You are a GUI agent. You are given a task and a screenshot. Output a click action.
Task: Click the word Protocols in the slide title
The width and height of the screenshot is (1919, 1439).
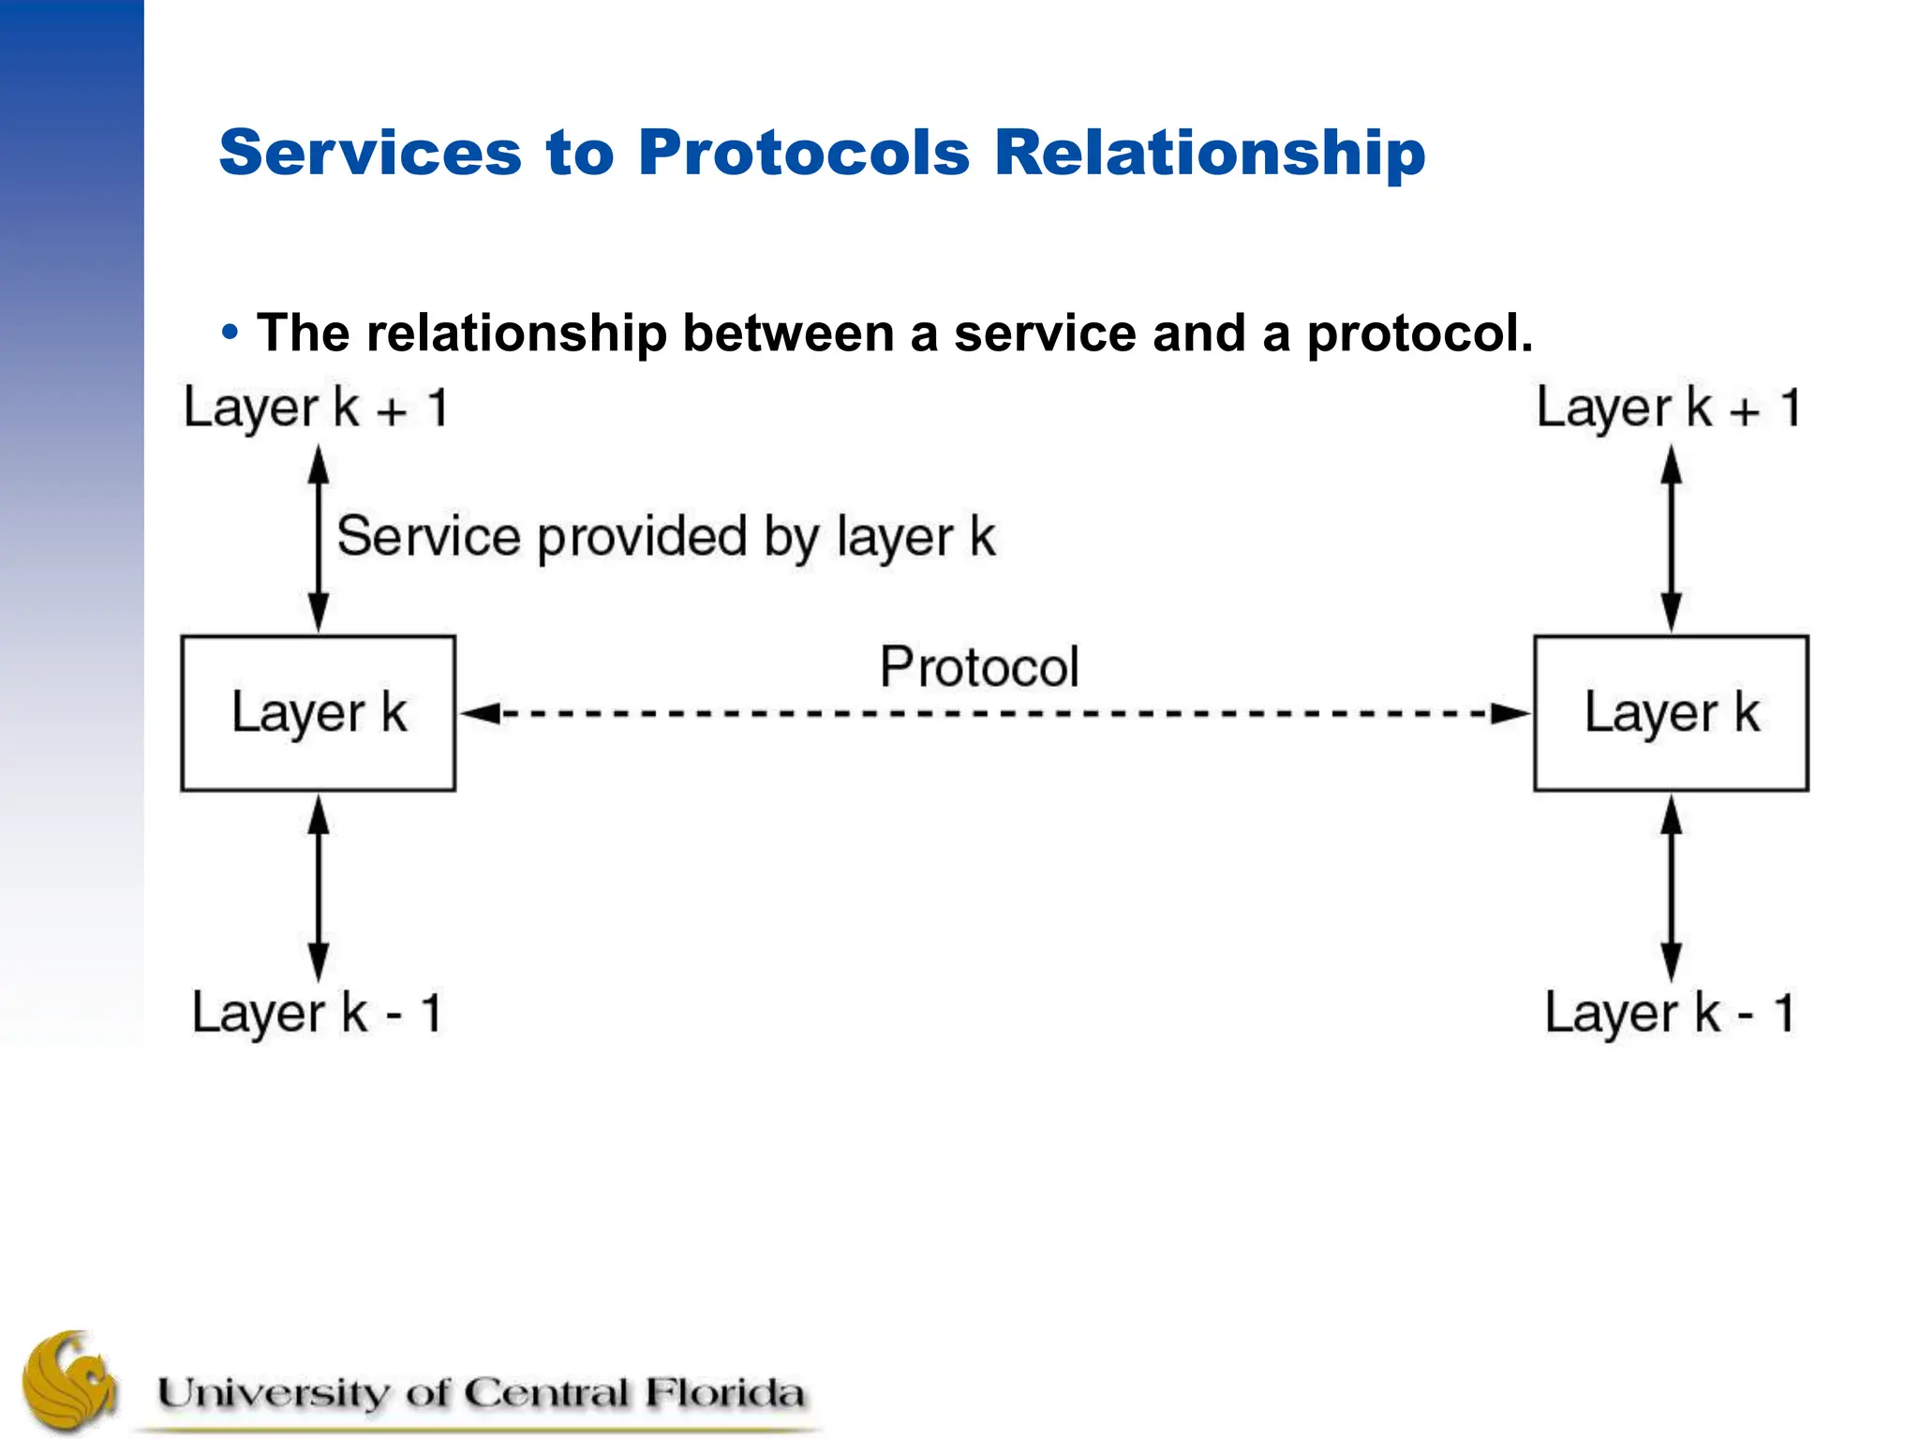[804, 152]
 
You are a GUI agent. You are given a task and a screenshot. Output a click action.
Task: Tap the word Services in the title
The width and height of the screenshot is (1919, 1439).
[370, 152]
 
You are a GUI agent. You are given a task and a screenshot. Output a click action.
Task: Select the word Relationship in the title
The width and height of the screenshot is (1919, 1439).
[1209, 152]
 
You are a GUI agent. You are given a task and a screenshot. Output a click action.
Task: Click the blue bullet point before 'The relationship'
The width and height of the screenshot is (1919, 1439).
[230, 333]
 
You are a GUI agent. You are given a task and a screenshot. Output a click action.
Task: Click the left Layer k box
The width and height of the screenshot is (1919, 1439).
[319, 713]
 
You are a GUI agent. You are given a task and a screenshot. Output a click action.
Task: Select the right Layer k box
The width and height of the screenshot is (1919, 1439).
[1671, 713]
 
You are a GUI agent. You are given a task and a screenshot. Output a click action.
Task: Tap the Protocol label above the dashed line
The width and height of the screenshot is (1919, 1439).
[979, 667]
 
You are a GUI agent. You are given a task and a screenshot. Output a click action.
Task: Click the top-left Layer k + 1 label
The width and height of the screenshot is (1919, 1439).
[317, 408]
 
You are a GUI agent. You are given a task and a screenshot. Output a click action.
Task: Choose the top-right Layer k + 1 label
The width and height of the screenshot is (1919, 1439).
[1669, 408]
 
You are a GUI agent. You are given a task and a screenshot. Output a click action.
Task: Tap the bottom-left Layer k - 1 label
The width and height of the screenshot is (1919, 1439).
[317, 1014]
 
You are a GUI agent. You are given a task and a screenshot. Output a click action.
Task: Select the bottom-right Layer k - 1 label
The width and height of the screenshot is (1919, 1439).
[1669, 1014]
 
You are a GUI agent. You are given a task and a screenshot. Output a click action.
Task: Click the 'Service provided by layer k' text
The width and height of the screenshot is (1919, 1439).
[665, 537]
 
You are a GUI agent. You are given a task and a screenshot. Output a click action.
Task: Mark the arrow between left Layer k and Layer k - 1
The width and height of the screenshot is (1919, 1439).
[319, 888]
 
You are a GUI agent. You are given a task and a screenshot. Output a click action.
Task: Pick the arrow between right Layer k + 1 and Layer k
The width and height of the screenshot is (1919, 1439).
[1671, 539]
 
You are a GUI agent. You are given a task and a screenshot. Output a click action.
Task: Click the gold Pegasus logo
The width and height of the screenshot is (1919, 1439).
[70, 1381]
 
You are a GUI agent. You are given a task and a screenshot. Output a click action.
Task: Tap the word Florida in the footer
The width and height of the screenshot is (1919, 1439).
[723, 1393]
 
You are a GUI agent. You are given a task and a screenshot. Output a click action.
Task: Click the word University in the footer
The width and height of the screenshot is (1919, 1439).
[272, 1393]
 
